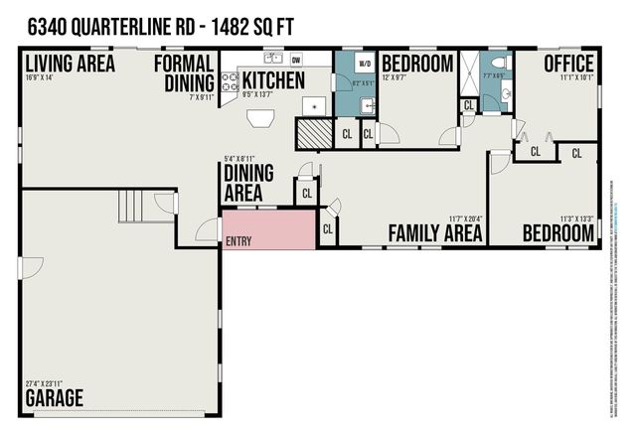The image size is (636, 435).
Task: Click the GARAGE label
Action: [x=55, y=399]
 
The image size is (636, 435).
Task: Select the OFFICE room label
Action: [x=568, y=64]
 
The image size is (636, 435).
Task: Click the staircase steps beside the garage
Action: [x=133, y=207]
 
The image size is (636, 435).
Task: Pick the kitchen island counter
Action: [x=263, y=118]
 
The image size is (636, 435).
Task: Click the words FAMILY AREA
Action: [x=435, y=233]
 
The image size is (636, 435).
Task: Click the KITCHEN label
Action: [x=273, y=79]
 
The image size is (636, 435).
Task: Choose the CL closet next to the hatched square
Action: [x=347, y=133]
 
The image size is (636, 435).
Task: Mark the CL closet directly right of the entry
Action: [x=328, y=230]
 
